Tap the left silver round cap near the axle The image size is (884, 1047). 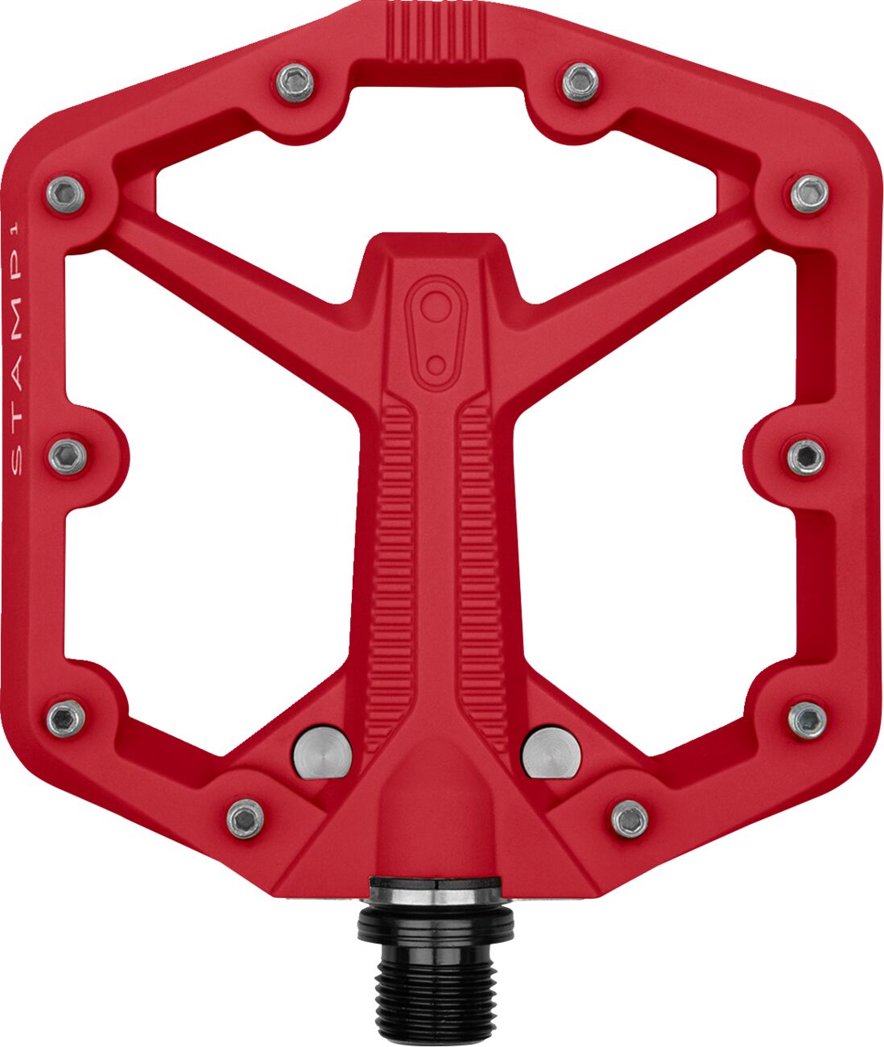322,753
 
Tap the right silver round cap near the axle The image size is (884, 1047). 551,753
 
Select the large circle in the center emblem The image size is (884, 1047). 436,306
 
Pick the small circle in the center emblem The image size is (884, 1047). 436,365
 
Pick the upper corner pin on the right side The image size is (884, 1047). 809,193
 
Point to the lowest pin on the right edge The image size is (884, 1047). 808,719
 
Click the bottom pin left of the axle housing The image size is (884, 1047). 245,818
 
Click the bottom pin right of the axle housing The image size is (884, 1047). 630,818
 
